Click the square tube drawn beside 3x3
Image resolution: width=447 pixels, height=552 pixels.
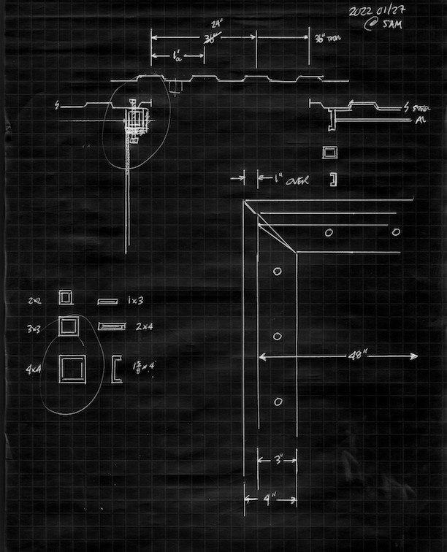[68, 325]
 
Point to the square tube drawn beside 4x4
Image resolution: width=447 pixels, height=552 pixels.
[71, 369]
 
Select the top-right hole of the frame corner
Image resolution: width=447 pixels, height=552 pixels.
[396, 233]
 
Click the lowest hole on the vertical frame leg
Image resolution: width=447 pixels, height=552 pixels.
[278, 402]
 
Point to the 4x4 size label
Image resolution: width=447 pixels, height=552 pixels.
[33, 370]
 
